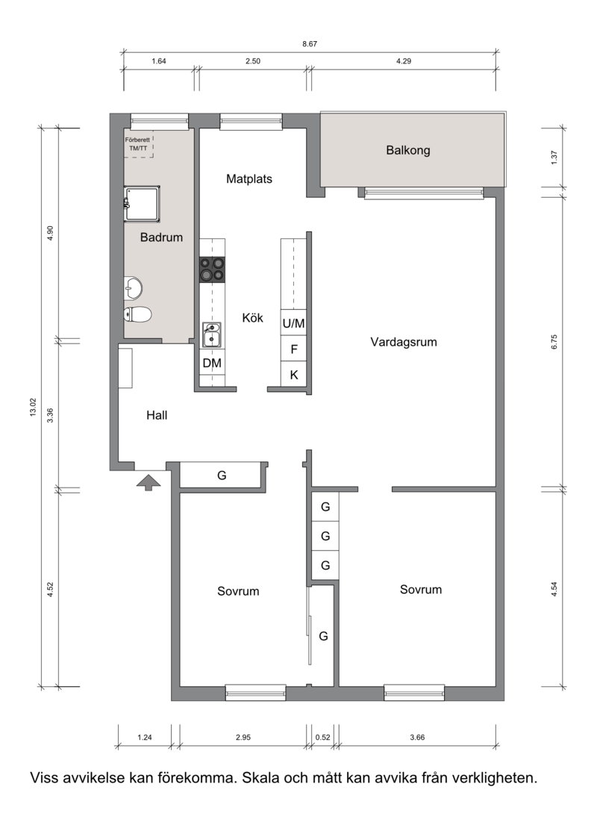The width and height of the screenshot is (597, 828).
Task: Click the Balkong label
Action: (407, 151)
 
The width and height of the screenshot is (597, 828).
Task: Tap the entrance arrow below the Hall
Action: (149, 482)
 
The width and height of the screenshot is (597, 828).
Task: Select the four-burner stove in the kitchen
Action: (212, 270)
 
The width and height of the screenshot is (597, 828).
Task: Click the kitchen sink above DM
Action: (212, 334)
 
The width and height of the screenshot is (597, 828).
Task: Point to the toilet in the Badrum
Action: (137, 315)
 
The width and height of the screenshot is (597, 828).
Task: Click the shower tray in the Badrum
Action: (142, 204)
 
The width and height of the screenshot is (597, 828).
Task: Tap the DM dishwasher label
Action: (212, 364)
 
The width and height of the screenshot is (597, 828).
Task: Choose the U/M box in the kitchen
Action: (293, 323)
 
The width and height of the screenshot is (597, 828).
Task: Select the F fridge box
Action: (293, 349)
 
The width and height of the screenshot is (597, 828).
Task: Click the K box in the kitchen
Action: (293, 374)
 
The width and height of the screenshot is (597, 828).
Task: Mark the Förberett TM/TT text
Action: (137, 144)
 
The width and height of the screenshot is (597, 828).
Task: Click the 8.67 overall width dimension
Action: (310, 44)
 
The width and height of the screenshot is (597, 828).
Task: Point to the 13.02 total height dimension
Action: (33, 407)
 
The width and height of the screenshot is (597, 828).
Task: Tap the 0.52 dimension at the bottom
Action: (322, 737)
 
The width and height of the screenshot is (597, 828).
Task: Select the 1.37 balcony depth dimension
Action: (554, 158)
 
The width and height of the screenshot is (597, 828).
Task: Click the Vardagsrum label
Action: (404, 342)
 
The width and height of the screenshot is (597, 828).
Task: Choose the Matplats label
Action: (249, 179)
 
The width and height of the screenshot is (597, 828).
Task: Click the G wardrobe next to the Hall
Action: (222, 476)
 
